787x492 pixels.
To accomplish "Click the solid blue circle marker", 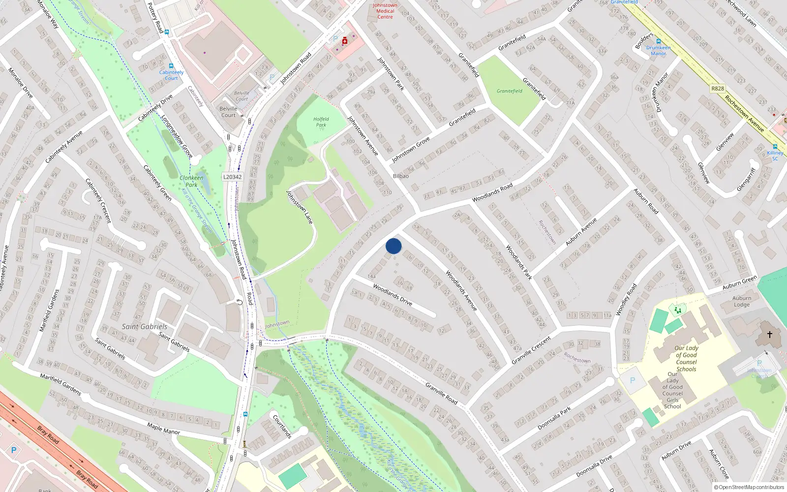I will pyautogui.click(x=393, y=246).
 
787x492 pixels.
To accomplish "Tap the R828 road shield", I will pyautogui.click(x=718, y=89).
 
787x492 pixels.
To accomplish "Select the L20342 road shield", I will pyautogui.click(x=232, y=177).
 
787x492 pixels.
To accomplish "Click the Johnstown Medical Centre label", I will pyautogui.click(x=385, y=11).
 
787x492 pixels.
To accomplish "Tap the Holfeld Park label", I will pyautogui.click(x=321, y=122).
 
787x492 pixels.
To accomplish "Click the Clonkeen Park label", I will pyautogui.click(x=191, y=181).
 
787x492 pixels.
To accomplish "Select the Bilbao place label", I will pyautogui.click(x=401, y=176).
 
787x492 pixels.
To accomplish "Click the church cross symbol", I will pyautogui.click(x=770, y=335).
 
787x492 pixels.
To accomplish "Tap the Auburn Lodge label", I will pyautogui.click(x=742, y=301).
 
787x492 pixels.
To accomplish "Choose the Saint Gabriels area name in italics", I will pyautogui.click(x=145, y=327).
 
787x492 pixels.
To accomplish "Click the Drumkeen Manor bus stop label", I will pyautogui.click(x=659, y=51).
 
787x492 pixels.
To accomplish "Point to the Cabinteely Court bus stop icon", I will pyautogui.click(x=171, y=66).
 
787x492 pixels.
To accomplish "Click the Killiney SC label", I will pyautogui.click(x=775, y=155).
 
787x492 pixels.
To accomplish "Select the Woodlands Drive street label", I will pyautogui.click(x=392, y=294).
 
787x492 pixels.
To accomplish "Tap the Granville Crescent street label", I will pyautogui.click(x=531, y=350).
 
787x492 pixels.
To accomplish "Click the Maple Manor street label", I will pyautogui.click(x=163, y=428).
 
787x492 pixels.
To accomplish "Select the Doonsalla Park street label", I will pyautogui.click(x=554, y=418).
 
